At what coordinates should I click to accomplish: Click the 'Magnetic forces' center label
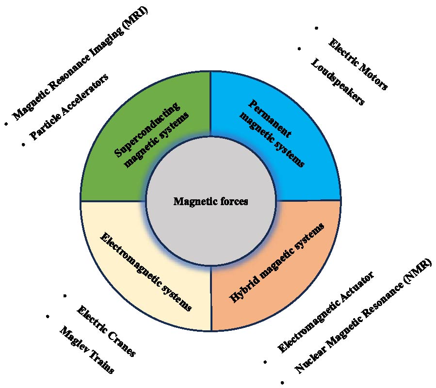pyautogui.click(x=210, y=201)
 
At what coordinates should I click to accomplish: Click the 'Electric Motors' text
pyautogui.click(x=358, y=65)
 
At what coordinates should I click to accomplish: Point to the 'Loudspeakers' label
pyautogui.click(x=337, y=81)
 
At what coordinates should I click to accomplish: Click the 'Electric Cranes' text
pyautogui.click(x=106, y=331)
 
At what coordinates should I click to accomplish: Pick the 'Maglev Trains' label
pyautogui.click(x=87, y=350)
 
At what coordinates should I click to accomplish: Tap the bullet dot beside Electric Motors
pyautogui.click(x=317, y=29)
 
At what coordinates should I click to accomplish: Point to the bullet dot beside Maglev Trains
pyautogui.click(x=48, y=316)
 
